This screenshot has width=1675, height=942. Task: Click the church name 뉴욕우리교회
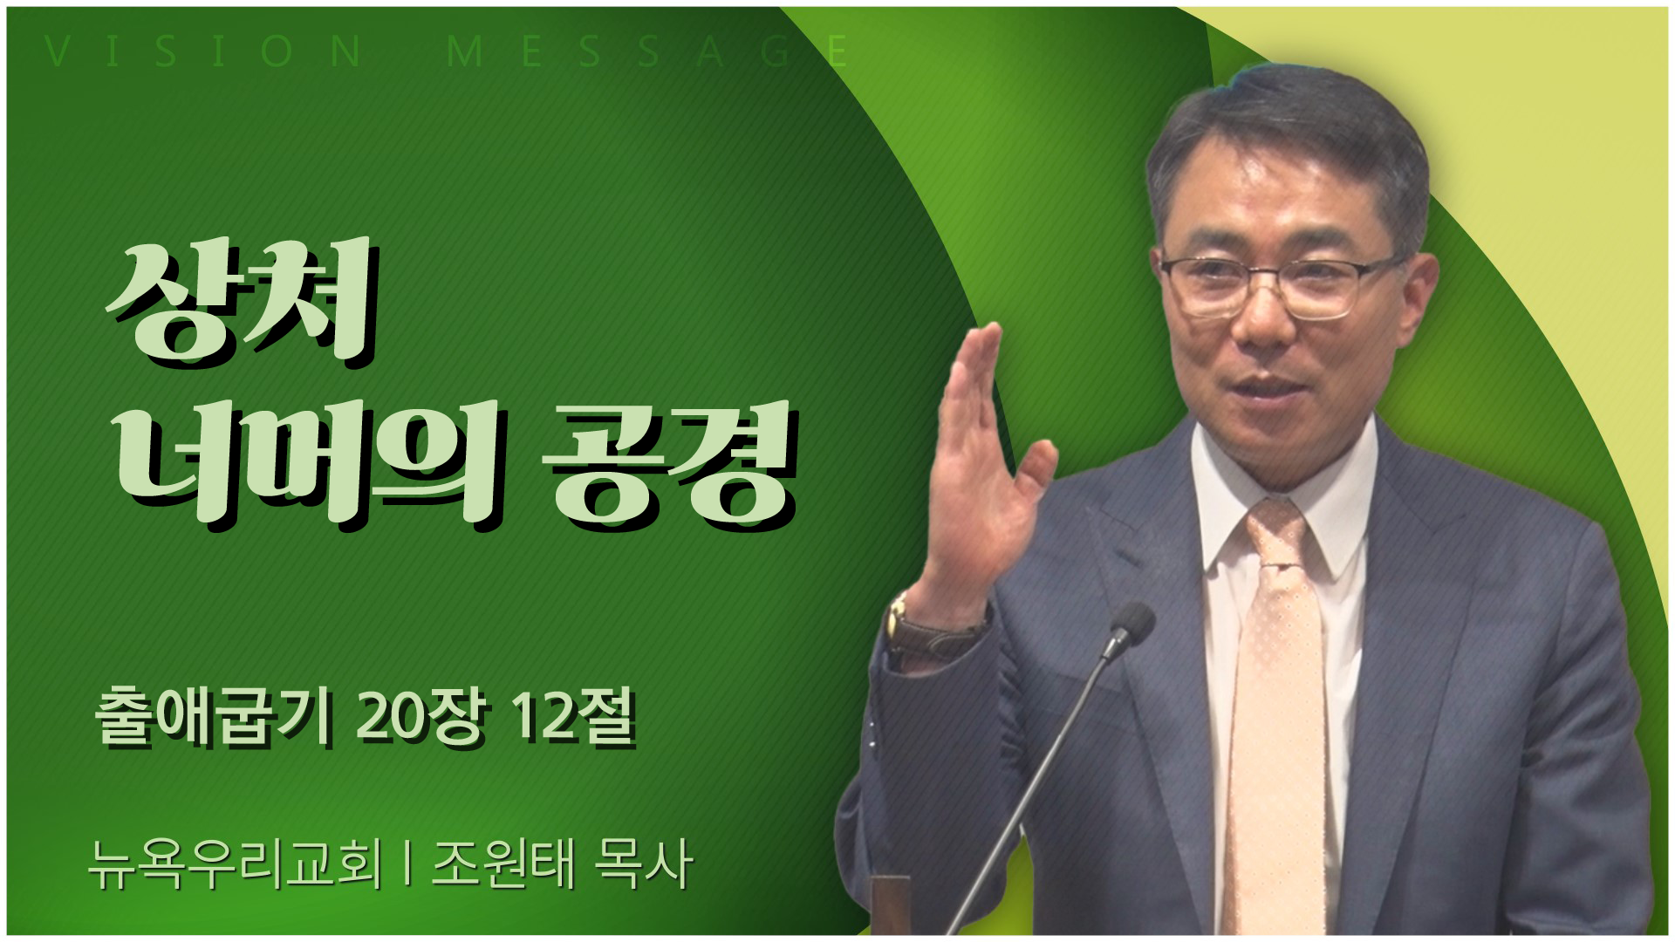click(236, 864)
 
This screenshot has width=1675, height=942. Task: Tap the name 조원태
click(502, 864)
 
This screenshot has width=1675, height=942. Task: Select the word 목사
click(643, 864)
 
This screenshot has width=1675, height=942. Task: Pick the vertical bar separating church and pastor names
click(407, 865)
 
